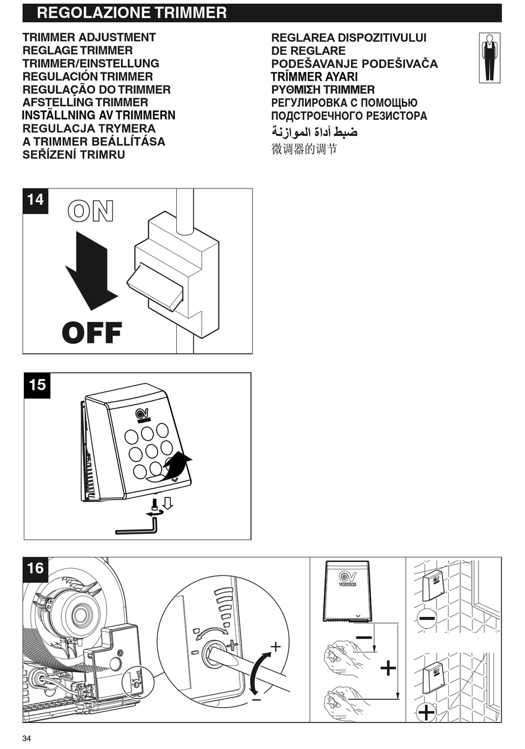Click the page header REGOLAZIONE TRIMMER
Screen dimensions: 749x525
point(132,13)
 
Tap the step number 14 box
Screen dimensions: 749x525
point(35,200)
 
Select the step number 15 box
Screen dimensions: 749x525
point(37,385)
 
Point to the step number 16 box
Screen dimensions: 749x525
point(35,569)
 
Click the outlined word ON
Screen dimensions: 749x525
point(91,212)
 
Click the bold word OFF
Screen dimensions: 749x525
point(92,333)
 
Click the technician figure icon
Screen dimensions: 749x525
point(489,57)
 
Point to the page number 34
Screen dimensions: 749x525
point(27,738)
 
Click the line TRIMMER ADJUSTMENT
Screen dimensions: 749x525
point(89,38)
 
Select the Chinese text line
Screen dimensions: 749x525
point(304,149)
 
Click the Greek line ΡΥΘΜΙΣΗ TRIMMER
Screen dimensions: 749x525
point(323,90)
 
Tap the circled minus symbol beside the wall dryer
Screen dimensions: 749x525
point(427,618)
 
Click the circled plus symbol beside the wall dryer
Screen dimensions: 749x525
point(426,712)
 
